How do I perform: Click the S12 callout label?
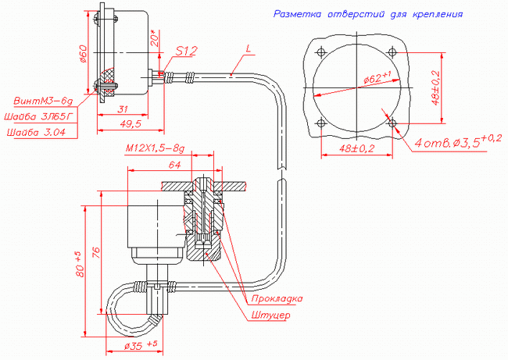pyautogui.click(x=187, y=52)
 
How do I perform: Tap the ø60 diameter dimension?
pyautogui.click(x=84, y=53)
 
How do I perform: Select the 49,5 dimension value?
pyautogui.click(x=131, y=123)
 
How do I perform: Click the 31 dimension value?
pyautogui.click(x=123, y=109)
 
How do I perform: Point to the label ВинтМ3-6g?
pyautogui.click(x=44, y=101)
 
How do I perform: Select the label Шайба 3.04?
pyautogui.click(x=36, y=132)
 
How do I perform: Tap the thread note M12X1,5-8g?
pyautogui.click(x=155, y=148)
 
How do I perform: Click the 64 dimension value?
pyautogui.click(x=174, y=165)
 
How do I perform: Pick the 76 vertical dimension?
pyautogui.click(x=96, y=252)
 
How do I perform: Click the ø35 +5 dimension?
pyautogui.click(x=141, y=345)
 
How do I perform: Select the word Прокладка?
pyautogui.click(x=277, y=298)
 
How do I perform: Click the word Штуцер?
pyautogui.click(x=271, y=315)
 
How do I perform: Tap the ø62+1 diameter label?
pyautogui.click(x=377, y=77)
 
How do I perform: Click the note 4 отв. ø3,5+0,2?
pyautogui.click(x=458, y=142)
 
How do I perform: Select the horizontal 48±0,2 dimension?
pyautogui.click(x=356, y=148)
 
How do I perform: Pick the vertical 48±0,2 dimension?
pyautogui.click(x=436, y=88)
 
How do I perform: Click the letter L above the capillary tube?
pyautogui.click(x=249, y=49)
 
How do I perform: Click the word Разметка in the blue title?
pyautogui.click(x=298, y=14)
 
